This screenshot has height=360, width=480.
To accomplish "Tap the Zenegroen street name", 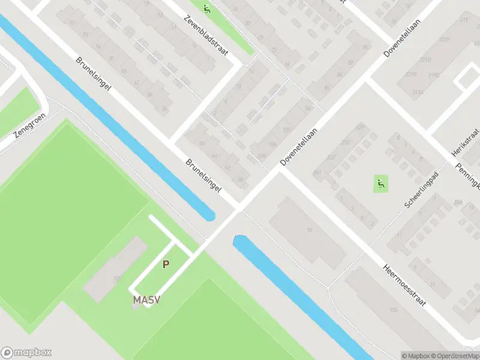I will tap(29, 128).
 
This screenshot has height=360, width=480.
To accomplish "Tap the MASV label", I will tap(146, 299).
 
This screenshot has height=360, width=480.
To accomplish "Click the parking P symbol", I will tap(166, 263).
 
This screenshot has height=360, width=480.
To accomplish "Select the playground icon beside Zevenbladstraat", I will tap(207, 8).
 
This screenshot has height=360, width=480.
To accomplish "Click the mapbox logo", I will tap(26, 353).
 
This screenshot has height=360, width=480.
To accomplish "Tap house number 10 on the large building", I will tap(310, 231).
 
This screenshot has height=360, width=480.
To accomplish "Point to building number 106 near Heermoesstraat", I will tap(394, 310).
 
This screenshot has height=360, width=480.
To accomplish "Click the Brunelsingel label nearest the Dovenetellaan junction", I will tap(203, 176).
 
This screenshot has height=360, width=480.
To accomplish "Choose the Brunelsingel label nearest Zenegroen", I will tap(94, 74).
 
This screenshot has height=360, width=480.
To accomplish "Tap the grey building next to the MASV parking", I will tap(115, 269).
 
